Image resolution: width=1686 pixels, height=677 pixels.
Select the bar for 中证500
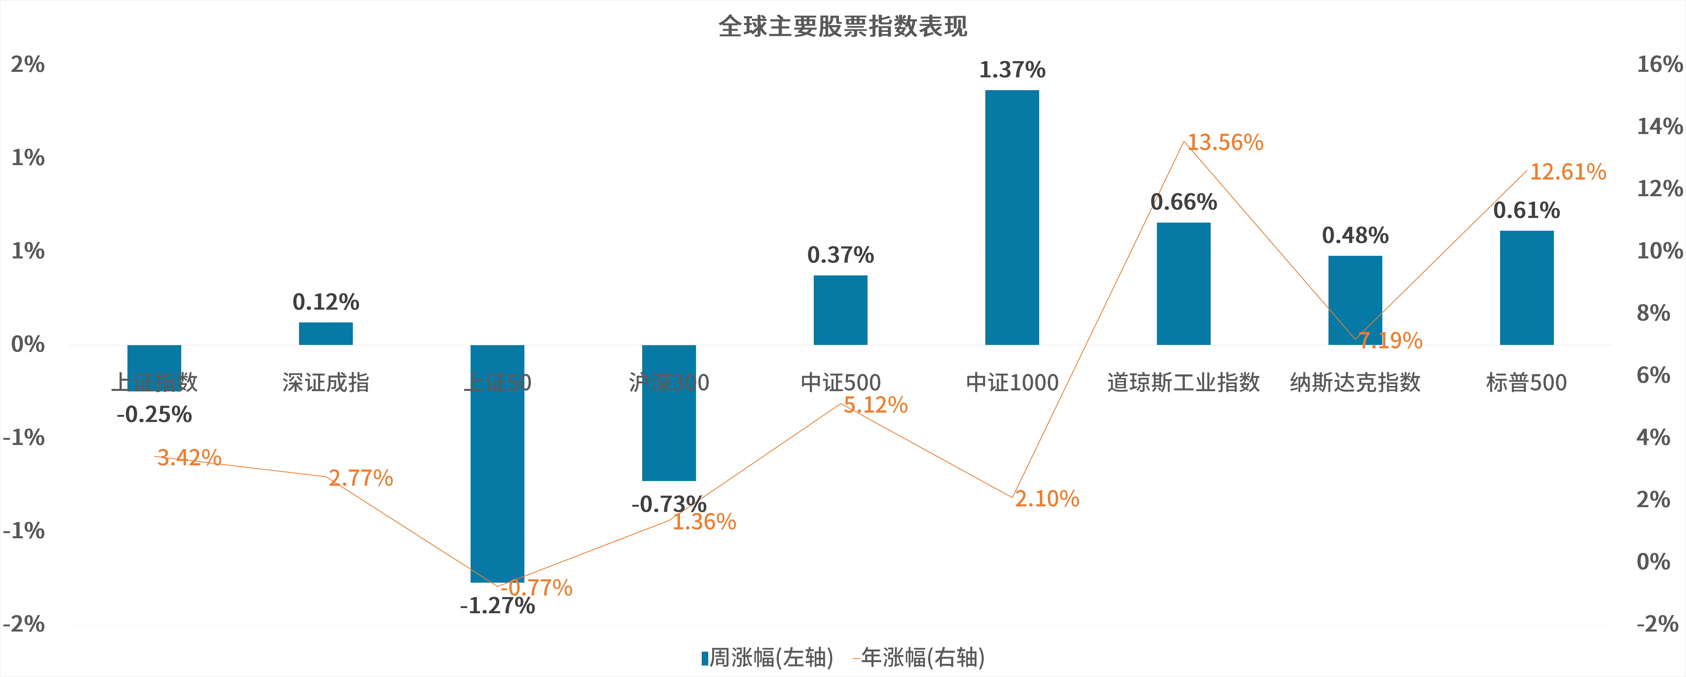click(x=840, y=310)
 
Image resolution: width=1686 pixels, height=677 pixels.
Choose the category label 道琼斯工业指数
click(x=1183, y=382)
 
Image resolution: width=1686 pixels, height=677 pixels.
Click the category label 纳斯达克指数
click(x=1355, y=382)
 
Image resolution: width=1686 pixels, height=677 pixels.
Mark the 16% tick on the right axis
click(x=1659, y=64)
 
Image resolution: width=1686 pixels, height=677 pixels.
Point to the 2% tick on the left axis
click(x=27, y=64)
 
